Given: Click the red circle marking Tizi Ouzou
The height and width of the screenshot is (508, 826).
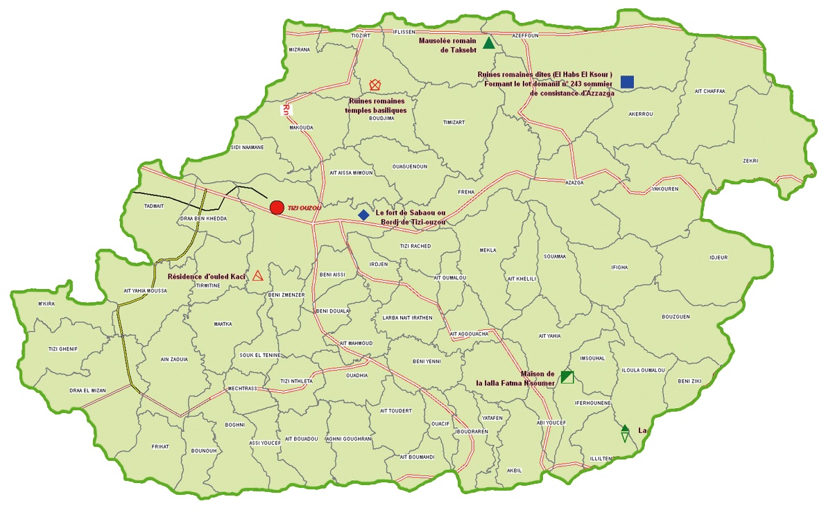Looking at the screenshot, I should (277, 207).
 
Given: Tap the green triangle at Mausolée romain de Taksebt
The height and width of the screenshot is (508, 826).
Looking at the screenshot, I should (489, 44).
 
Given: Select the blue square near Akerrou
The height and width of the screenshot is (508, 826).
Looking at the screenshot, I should (627, 82).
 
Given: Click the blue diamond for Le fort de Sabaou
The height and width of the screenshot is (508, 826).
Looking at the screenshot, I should (363, 215).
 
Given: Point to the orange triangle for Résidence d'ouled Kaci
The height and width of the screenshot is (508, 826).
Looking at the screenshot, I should (258, 276).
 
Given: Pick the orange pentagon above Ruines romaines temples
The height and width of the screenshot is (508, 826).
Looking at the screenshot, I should (375, 85).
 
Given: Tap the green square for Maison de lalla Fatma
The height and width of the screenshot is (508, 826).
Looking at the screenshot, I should (567, 376).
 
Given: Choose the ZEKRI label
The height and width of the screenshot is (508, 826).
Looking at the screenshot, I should (750, 161).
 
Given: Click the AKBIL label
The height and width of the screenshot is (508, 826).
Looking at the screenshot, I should (514, 470).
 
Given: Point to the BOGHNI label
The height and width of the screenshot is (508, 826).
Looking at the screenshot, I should (235, 424).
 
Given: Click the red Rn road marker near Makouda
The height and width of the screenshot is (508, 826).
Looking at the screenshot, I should (285, 110).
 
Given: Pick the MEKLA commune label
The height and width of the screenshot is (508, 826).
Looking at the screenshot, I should (488, 250).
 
